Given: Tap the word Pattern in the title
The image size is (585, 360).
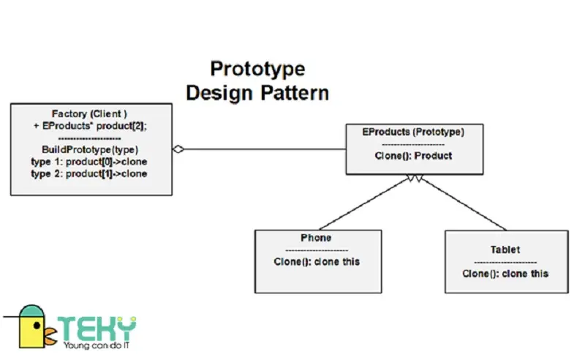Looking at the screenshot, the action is [295, 93].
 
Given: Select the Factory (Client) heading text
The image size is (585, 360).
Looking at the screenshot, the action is [89, 113].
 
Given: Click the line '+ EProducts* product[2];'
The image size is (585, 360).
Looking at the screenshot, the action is [90, 126].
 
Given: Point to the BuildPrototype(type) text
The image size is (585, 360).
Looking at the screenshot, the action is [90, 150].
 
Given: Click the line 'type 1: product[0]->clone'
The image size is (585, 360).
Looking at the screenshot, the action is [89, 162].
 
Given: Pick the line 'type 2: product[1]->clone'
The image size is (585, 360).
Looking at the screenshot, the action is [89, 173].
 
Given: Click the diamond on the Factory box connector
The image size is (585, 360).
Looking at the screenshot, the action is [178, 149].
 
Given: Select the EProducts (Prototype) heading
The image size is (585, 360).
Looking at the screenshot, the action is [413, 132].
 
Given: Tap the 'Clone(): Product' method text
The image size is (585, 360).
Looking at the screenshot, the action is [413, 156].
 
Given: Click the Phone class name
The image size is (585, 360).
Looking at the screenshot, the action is [316, 238].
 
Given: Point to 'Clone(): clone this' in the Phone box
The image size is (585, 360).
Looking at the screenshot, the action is [317, 262].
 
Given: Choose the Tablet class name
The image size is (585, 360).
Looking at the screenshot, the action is [505, 250].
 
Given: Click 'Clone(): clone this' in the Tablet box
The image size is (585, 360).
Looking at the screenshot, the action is [505, 274].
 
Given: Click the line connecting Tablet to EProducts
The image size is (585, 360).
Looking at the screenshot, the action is [463, 203].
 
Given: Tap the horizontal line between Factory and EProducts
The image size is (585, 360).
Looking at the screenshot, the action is [265, 149].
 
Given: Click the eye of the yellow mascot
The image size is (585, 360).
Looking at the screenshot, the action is [37, 326].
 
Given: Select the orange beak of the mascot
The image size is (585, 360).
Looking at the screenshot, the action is [50, 335].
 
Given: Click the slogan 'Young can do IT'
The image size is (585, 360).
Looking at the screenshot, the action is [97, 345].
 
